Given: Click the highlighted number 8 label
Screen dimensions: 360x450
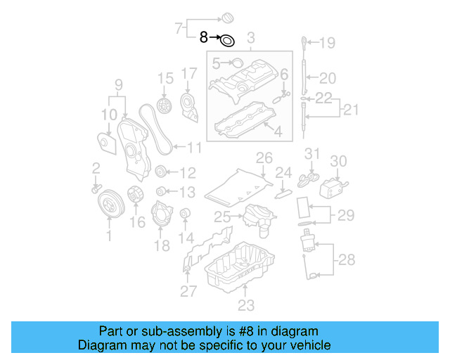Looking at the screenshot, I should [x=204, y=37].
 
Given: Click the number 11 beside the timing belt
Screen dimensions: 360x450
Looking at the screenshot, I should [x=193, y=148].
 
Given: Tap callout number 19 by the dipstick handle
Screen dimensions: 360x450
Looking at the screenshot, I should [x=328, y=44].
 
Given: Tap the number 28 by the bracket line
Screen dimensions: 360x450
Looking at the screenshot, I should [x=346, y=261].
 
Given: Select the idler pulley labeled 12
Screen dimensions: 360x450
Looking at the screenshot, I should [x=160, y=172].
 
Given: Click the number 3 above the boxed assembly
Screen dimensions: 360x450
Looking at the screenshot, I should [x=251, y=37].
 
